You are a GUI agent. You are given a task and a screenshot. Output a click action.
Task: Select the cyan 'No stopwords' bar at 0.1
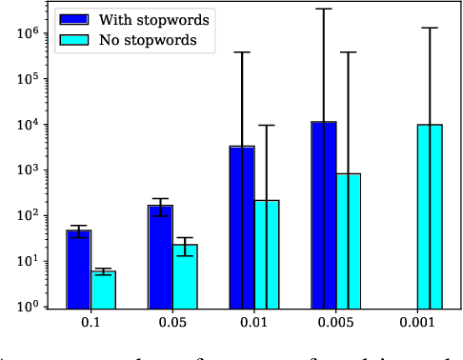coord(103,290)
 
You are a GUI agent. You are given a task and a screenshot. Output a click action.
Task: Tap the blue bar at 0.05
coord(160,256)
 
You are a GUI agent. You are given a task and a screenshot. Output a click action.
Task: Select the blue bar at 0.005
coord(324,214)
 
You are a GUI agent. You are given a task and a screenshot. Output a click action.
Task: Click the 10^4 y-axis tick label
coord(25,125)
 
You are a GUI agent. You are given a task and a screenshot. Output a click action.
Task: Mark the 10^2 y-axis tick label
coord(25,216)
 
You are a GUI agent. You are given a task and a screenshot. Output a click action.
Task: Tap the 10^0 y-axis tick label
coord(25,308)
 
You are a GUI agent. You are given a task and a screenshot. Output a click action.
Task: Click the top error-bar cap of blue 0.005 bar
coord(324,9)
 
